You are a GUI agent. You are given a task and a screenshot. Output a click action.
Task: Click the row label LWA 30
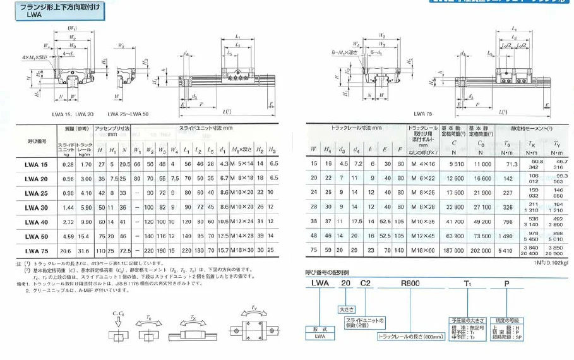[36, 207]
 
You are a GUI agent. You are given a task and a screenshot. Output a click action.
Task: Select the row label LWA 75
[36, 251]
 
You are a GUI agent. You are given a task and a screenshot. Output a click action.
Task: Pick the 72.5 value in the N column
[124, 251]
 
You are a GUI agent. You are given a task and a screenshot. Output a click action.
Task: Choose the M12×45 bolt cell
[419, 236]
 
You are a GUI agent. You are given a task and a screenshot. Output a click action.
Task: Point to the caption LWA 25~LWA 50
[129, 114]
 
